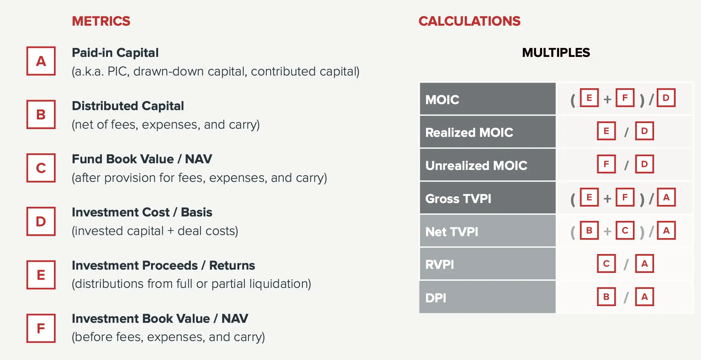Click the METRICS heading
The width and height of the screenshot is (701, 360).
[101, 21]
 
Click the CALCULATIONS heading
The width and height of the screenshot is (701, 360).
[469, 21]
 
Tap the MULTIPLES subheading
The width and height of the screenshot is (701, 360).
[556, 53]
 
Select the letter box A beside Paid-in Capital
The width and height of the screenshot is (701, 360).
[41, 61]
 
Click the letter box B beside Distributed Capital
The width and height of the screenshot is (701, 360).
[41, 114]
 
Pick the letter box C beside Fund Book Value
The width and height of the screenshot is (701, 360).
[41, 168]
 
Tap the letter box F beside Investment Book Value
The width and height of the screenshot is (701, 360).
[41, 328]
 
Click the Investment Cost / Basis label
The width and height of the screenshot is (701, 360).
[142, 212]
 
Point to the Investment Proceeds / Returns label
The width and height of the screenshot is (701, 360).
[163, 266]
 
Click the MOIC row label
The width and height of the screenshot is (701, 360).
[442, 100]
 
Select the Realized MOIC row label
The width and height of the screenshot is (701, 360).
[469, 132]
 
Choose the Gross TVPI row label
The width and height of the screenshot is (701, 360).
[458, 199]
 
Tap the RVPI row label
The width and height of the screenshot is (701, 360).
[439, 265]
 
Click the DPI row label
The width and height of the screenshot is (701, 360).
[436, 298]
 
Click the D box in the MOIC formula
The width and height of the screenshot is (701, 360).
[666, 98]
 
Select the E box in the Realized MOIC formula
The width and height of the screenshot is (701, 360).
[606, 131]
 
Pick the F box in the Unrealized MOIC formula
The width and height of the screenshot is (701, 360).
[606, 164]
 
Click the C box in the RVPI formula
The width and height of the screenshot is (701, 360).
[606, 264]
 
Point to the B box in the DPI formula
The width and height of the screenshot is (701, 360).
[606, 297]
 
